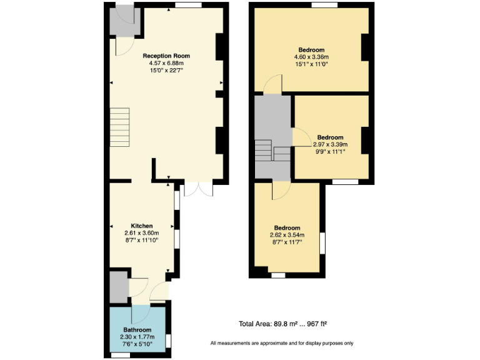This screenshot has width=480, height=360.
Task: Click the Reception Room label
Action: click(x=166, y=56)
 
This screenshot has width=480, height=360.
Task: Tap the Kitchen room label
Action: click(x=142, y=226)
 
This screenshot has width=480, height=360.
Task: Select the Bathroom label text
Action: click(x=137, y=329)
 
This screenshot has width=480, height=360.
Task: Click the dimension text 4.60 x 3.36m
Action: click(x=311, y=57)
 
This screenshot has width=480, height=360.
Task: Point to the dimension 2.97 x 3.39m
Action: click(x=330, y=144)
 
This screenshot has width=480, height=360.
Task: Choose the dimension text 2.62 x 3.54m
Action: click(x=287, y=235)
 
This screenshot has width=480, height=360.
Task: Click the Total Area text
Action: click(x=283, y=324)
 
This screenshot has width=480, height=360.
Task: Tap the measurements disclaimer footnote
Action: click(x=282, y=343)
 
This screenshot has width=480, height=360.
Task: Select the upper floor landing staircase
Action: click(x=272, y=150)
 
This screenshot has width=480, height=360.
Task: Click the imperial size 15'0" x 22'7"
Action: click(x=166, y=71)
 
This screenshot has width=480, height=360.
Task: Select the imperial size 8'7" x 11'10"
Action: click(x=142, y=240)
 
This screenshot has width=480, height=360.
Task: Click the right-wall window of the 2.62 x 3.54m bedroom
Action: click(x=322, y=243)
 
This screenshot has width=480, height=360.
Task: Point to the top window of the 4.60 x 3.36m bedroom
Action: click(x=324, y=5)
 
